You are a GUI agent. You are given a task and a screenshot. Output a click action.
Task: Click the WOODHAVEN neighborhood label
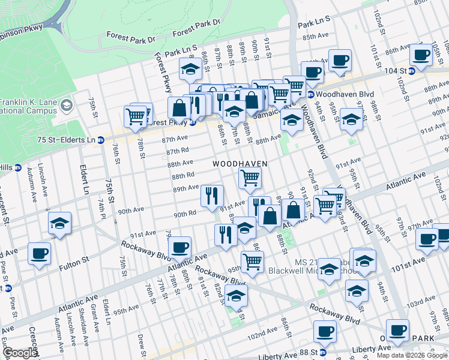click(x=239, y=163)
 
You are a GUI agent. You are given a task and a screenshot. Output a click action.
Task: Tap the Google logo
click(x=20, y=353)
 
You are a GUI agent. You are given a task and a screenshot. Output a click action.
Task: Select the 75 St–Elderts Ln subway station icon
click(x=101, y=140)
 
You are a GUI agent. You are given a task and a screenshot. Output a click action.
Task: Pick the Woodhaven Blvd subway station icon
click(x=310, y=95)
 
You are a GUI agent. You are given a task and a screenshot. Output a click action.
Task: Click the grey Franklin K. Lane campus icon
click(x=67, y=106)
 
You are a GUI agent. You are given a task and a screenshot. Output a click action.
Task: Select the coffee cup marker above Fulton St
click(x=40, y=253)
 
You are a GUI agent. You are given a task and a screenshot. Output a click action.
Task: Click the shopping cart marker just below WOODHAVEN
click(x=250, y=177)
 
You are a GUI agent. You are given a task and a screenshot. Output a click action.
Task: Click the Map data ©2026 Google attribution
click(x=412, y=355)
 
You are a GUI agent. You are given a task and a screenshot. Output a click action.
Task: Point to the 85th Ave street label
click(x=316, y=37)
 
